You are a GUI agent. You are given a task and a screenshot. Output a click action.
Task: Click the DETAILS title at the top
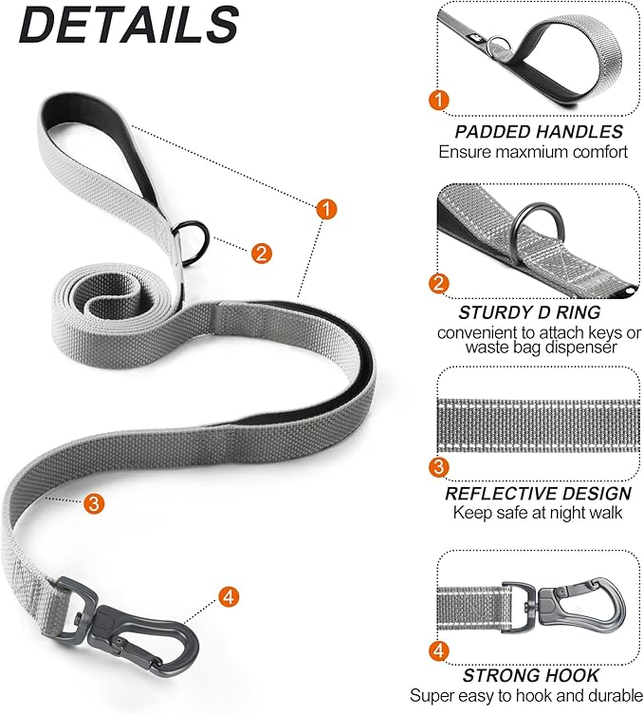(x=129, y=26)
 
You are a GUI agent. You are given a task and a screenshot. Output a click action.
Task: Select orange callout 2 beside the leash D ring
(x=262, y=253)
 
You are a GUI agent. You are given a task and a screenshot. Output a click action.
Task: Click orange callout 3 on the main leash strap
(x=93, y=502)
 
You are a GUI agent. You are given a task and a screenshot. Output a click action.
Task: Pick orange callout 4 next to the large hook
(x=228, y=597)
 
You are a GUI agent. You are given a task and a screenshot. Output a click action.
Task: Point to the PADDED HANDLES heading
(x=538, y=132)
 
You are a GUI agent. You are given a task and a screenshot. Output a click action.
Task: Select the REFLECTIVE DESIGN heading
(x=538, y=493)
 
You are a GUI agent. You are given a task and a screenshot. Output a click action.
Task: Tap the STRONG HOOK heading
(x=531, y=675)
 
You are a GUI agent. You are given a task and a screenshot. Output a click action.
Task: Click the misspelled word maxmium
(x=543, y=152)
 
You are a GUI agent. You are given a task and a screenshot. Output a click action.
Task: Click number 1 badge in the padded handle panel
(x=439, y=100)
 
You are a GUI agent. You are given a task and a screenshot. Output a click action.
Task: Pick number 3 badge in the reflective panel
(x=439, y=467)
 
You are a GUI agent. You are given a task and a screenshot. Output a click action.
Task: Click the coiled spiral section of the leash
(x=105, y=295)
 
